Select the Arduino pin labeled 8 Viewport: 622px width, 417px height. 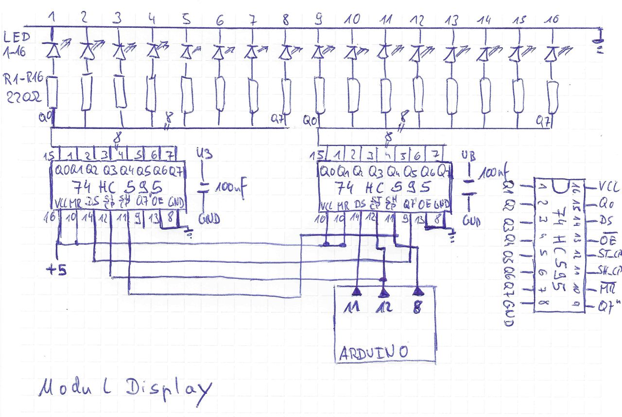[x=417, y=307]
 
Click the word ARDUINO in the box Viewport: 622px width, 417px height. [x=373, y=352]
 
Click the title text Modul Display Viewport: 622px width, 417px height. [x=124, y=389]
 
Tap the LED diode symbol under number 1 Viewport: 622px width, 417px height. [x=52, y=49]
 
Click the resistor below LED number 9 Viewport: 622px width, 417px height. [x=319, y=95]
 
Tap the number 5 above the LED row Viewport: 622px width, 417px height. [x=186, y=19]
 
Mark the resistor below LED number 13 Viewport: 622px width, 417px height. [x=452, y=95]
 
